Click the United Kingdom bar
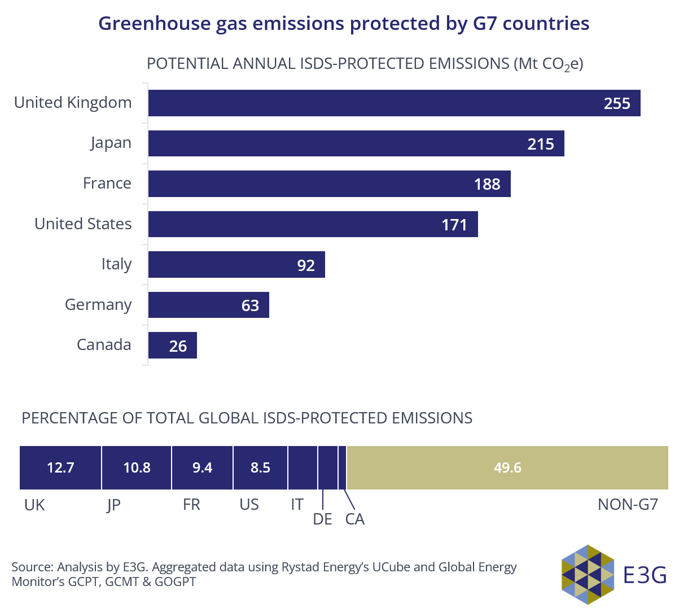[x=394, y=103]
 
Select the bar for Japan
[x=356, y=143]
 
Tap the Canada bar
[x=172, y=345]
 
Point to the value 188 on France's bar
[x=487, y=184]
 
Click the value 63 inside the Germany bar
[x=250, y=305]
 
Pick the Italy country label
[x=116, y=264]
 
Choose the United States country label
[x=83, y=224]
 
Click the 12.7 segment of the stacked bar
[x=60, y=467]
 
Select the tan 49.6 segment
[x=507, y=467]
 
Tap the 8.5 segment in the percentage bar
[x=260, y=467]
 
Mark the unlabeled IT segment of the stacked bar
[x=303, y=467]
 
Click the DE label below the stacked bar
[x=322, y=519]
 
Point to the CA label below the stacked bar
[x=355, y=519]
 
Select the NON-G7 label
[x=628, y=504]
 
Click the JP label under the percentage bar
[x=113, y=505]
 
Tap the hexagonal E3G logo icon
[x=588, y=574]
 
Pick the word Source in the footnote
[x=32, y=567]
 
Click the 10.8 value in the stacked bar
[x=137, y=467]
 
